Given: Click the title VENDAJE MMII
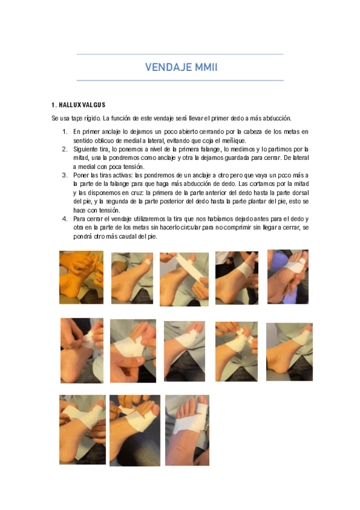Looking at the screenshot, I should [x=180, y=67].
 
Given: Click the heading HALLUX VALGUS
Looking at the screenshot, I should [x=81, y=105].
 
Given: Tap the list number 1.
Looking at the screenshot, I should [x=64, y=131].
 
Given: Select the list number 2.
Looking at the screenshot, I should [x=64, y=149].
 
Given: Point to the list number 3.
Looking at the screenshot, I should [x=64, y=175].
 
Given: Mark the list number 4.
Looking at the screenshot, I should [x=64, y=219].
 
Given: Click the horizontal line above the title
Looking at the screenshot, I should [x=180, y=54].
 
